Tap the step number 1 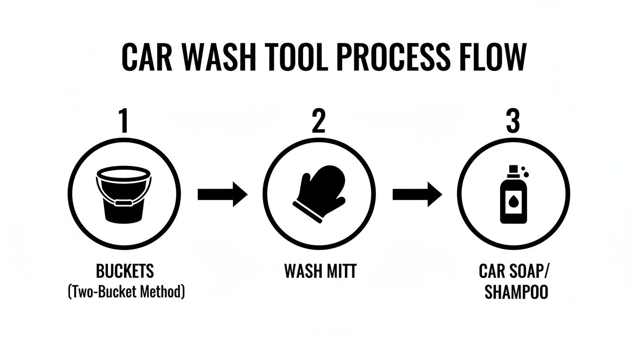(124, 121)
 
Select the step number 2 (319, 121)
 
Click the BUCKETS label (125, 271)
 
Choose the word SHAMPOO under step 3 (516, 292)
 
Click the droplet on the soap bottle (512, 202)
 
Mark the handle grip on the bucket (124, 203)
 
